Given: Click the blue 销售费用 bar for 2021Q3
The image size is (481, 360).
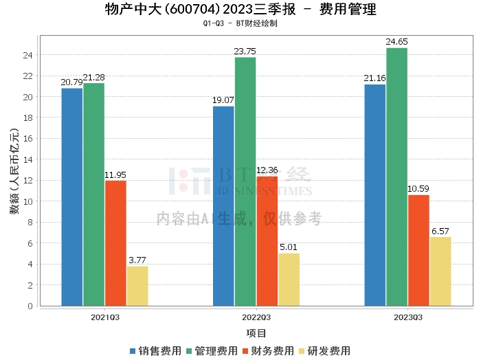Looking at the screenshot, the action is [71, 197].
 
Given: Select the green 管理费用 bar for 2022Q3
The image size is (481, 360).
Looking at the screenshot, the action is [245, 181].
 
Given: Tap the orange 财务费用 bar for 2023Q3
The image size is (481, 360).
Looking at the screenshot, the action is [418, 250].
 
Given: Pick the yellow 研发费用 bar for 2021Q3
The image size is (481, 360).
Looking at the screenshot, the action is [137, 286].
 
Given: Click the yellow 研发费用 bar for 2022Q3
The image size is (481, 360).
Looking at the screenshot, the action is [289, 280].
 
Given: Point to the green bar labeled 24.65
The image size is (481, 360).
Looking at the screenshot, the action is [396, 177].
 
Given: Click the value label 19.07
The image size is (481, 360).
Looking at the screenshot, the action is [223, 100].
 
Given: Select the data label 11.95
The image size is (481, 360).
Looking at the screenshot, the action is [115, 175].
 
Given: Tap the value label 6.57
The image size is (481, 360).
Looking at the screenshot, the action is [440, 232].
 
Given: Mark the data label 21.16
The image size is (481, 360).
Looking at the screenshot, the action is [374, 78].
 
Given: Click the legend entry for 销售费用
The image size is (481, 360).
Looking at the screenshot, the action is [155, 351].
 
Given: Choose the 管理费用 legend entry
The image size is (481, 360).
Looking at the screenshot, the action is [212, 351].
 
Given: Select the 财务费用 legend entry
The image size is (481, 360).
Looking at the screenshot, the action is [268, 351].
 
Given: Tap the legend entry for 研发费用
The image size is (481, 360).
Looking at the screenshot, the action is [324, 351].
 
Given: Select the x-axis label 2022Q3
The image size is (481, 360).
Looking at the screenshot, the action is [256, 317].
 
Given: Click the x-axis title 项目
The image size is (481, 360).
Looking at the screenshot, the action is [256, 333].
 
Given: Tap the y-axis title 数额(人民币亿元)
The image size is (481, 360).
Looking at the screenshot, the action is [14, 171].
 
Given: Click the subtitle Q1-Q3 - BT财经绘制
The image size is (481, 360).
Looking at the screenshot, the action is [240, 23].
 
